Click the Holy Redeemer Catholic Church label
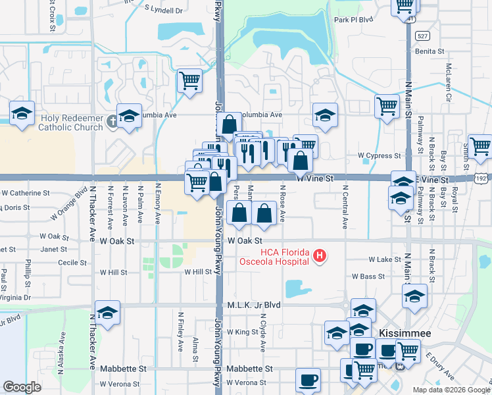72,123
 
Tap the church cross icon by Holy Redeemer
112,120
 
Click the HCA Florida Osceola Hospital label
285,256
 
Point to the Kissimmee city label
404,334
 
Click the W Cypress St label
379,156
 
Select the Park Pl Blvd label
353,20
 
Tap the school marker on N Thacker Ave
108,313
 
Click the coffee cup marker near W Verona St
308,380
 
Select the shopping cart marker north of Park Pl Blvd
405,5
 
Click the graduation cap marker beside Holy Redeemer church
130,116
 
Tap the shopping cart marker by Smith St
480,146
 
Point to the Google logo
22,387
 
